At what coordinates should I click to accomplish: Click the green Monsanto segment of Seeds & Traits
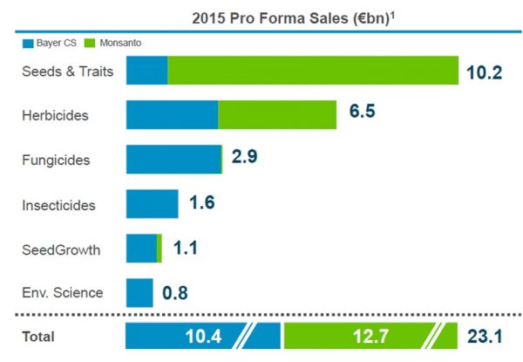(313, 71)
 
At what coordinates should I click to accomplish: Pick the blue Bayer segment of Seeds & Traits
(146, 71)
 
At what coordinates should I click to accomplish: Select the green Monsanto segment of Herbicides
(277, 115)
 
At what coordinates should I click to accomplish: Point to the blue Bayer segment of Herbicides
(172, 115)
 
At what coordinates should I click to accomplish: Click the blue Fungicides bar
(173, 160)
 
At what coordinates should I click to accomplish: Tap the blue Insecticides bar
(152, 204)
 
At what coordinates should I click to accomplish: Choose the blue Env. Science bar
(139, 293)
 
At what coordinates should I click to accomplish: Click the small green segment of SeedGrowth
(159, 249)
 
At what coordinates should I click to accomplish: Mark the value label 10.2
(484, 72)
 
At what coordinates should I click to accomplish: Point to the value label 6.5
(362, 113)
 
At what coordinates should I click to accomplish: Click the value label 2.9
(245, 158)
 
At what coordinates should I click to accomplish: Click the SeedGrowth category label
(60, 249)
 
